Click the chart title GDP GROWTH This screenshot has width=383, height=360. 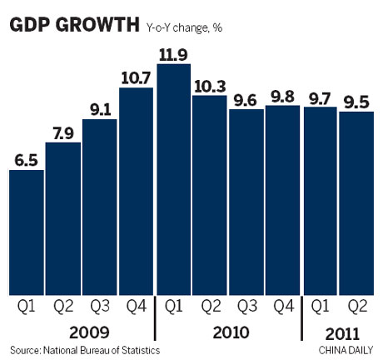73,26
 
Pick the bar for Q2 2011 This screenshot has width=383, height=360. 356,199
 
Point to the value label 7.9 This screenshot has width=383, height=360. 62,132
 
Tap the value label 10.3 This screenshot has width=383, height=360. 209,84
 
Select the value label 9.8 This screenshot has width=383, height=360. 282,94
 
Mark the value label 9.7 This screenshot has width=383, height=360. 321,96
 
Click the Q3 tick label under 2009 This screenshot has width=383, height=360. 99,307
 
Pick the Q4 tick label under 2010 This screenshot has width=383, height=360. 283,307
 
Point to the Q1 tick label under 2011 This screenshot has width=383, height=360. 321,307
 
